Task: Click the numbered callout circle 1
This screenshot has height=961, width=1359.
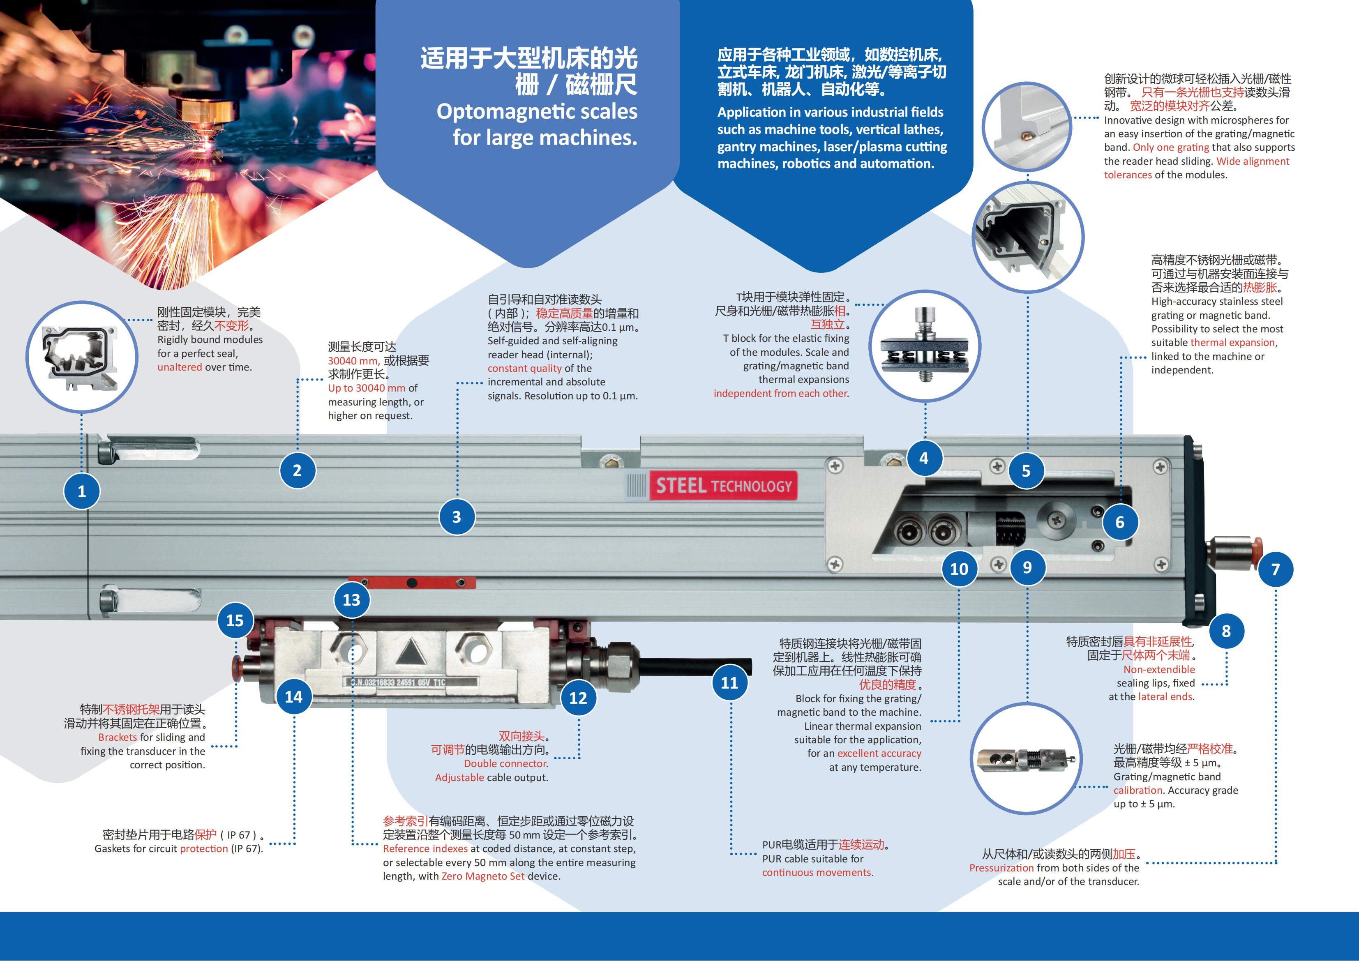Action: point(82,491)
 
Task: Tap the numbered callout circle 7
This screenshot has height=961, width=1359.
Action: point(1276,569)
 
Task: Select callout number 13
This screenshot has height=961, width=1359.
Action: point(352,599)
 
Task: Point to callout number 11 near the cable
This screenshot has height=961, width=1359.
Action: point(729,682)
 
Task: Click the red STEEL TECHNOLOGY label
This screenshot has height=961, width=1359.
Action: point(723,486)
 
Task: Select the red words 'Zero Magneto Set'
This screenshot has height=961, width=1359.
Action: point(483,876)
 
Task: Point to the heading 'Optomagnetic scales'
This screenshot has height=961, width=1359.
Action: point(537,112)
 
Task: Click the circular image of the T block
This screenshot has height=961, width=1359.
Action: point(925,346)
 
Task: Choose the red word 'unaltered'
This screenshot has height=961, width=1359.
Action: point(180,367)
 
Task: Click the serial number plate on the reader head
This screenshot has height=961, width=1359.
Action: point(411,682)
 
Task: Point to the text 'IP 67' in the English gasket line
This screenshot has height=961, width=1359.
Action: point(246,848)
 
